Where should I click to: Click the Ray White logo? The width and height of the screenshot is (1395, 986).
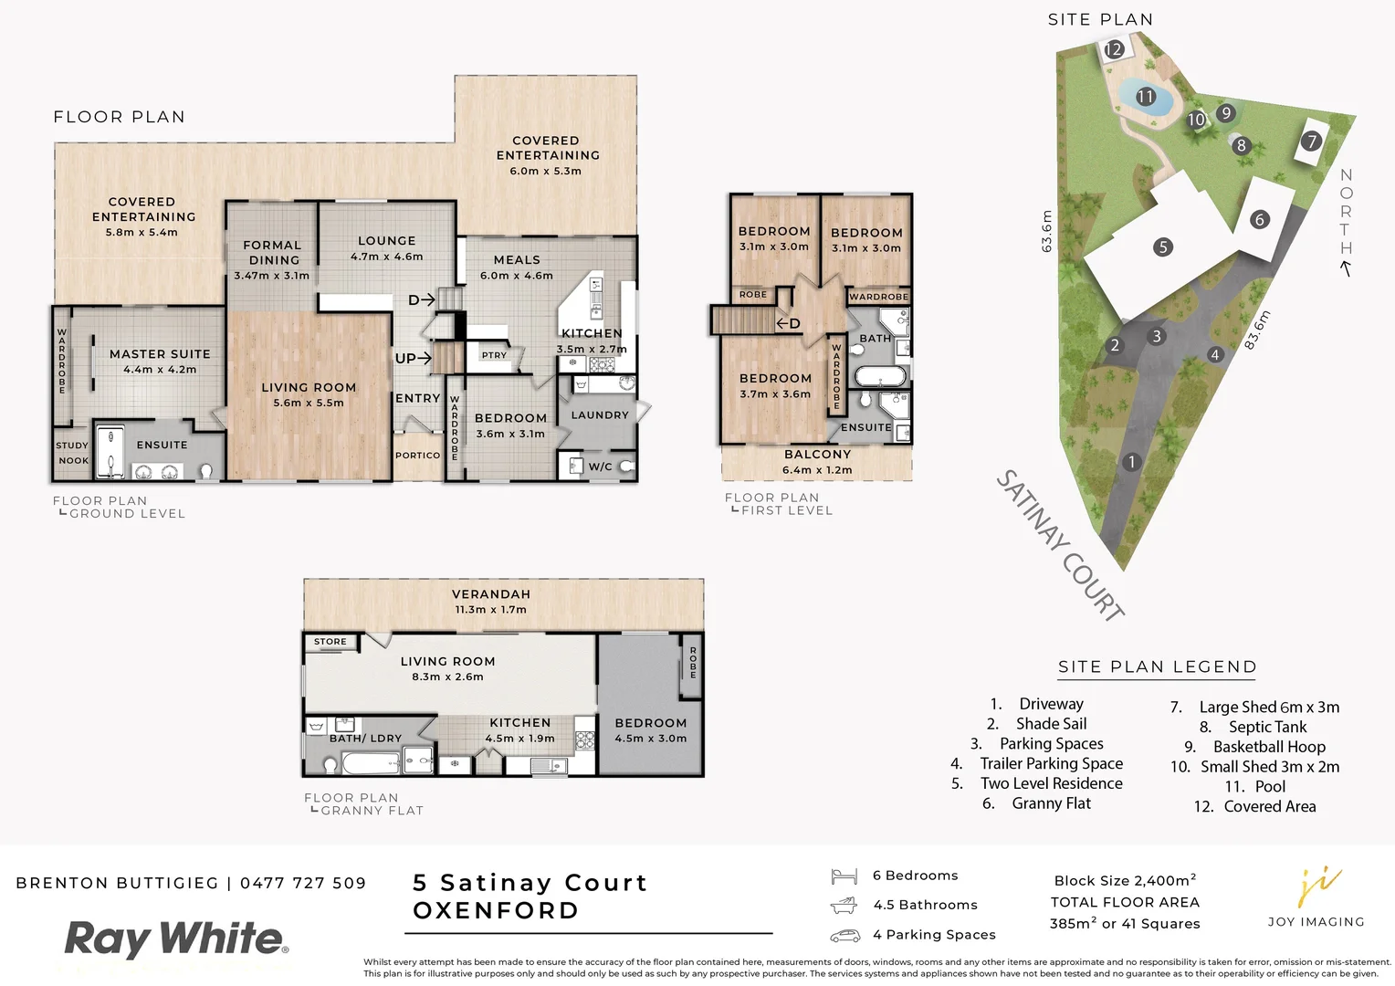click(176, 939)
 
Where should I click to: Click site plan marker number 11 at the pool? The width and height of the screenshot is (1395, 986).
click(1146, 96)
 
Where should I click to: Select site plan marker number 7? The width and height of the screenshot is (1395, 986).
click(1312, 141)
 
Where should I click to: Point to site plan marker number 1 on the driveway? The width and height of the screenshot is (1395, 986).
click(1132, 462)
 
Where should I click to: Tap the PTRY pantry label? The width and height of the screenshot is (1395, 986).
click(494, 355)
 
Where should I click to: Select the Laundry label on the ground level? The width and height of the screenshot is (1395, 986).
click(600, 414)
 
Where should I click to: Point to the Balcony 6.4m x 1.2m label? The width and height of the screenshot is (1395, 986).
click(817, 461)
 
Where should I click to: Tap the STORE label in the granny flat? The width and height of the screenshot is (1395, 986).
click(330, 642)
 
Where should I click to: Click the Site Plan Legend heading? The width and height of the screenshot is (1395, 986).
click(1157, 666)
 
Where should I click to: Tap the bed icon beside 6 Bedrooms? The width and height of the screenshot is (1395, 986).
click(844, 876)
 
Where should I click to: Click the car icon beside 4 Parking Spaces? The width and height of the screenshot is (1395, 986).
click(844, 936)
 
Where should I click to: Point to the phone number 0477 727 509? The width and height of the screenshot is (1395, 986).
click(303, 883)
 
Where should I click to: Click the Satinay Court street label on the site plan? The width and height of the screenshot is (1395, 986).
click(1059, 545)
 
